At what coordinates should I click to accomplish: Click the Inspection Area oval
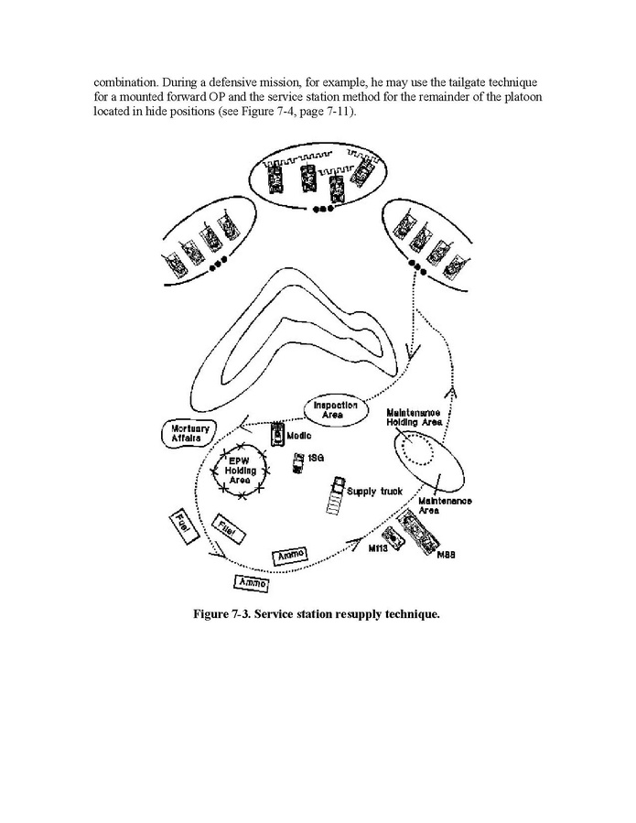coord(335,409)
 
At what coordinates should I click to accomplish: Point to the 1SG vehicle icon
coord(297,464)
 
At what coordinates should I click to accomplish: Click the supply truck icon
coord(335,495)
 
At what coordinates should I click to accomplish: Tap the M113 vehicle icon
coord(394,538)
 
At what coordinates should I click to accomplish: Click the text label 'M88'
coord(447,556)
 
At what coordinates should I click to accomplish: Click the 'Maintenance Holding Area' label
coord(415,417)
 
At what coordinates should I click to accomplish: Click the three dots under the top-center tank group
coord(319,210)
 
